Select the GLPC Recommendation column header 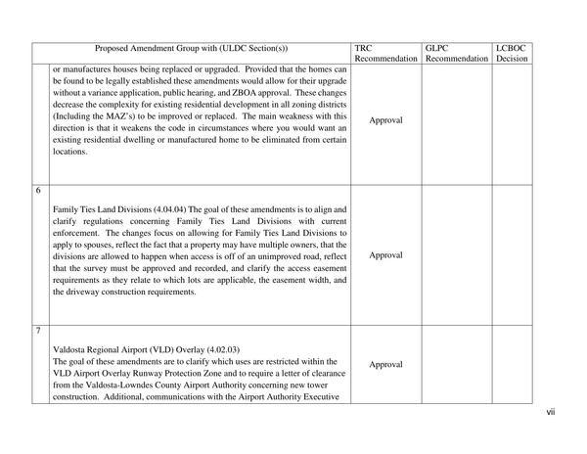[x=457, y=53]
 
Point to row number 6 [x=38, y=190]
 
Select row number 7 [x=38, y=331]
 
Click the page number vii [x=551, y=412]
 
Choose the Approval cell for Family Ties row [x=386, y=253]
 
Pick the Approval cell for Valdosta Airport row [x=386, y=364]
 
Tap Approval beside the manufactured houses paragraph [x=386, y=119]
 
